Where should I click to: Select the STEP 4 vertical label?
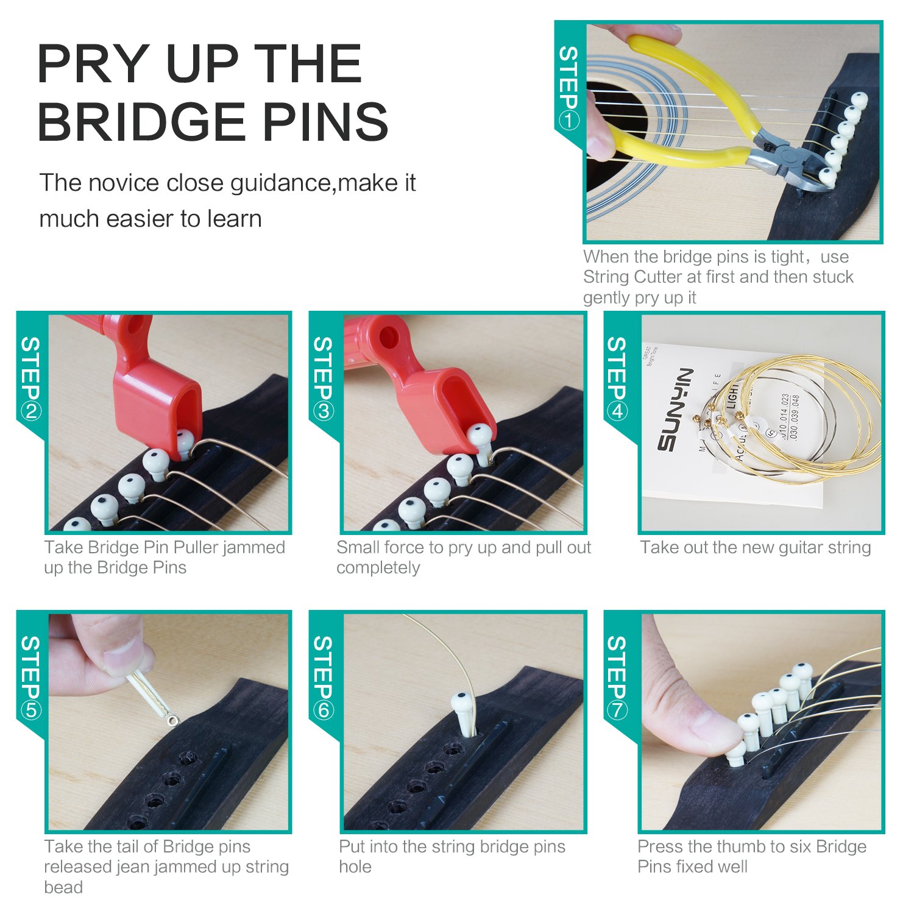point(617,378)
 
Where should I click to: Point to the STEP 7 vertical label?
point(617,677)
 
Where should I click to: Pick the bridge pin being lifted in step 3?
point(481,442)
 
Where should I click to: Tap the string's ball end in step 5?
point(174,721)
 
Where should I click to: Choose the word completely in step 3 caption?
point(378,568)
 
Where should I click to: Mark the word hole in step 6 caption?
point(355,867)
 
